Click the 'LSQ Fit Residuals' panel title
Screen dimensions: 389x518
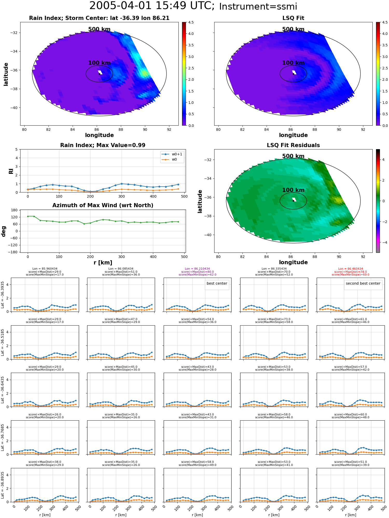(x=293, y=145)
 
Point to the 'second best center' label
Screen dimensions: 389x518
(x=363, y=284)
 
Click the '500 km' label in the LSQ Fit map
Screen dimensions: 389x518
(x=293, y=29)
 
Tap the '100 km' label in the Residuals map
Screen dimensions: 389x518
(x=293, y=190)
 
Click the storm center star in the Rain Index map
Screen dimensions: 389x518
(x=99, y=74)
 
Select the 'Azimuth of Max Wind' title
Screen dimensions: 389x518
(x=103, y=205)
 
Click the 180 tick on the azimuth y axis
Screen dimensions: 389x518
(x=15, y=210)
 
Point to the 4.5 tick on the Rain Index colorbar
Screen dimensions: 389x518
(x=191, y=22)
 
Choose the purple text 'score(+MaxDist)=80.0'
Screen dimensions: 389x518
(x=197, y=272)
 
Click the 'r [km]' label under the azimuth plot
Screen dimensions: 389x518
(x=103, y=263)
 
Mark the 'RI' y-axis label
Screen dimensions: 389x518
(x=11, y=171)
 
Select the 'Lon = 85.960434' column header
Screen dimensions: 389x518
(x=45, y=269)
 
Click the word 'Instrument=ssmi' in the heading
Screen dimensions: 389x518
(x=258, y=6)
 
